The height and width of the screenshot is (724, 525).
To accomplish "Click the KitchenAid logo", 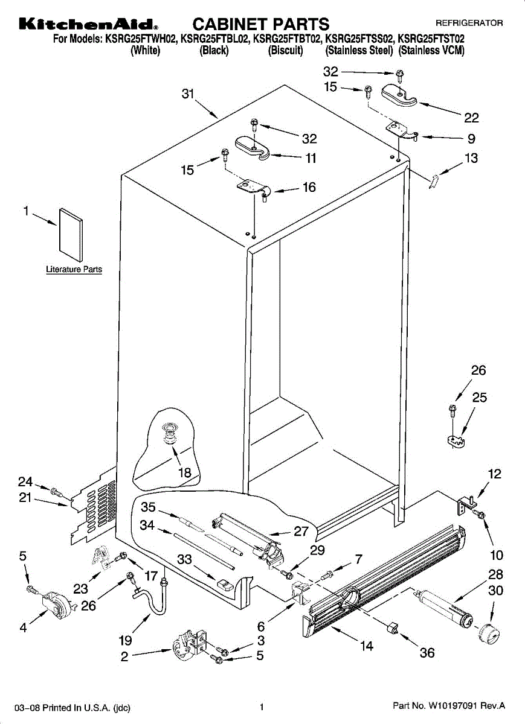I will (89, 25).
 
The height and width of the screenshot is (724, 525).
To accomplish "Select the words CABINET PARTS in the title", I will (260, 24).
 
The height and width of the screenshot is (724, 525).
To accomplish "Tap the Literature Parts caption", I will (74, 270).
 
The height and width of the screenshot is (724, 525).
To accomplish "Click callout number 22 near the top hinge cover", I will (471, 118).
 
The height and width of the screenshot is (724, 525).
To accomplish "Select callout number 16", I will (309, 188).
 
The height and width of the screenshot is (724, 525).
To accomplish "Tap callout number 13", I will (471, 159).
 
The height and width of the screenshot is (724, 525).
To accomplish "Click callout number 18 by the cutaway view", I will (184, 473).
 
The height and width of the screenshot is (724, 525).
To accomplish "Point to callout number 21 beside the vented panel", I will (25, 499).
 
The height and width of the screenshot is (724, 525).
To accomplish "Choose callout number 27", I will (301, 532).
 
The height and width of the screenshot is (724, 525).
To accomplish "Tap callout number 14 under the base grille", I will (366, 647).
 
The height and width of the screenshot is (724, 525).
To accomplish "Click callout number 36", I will (427, 653).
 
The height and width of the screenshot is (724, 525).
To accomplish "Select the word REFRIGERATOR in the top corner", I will (469, 23).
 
